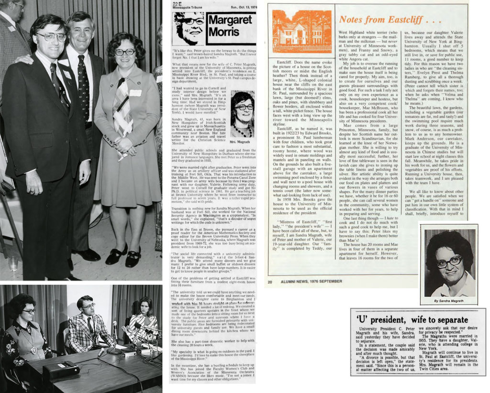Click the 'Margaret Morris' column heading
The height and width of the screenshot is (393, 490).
[230, 26]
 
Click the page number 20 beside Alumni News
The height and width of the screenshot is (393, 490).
[270, 282]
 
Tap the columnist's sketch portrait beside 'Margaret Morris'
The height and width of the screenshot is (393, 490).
[189, 28]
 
